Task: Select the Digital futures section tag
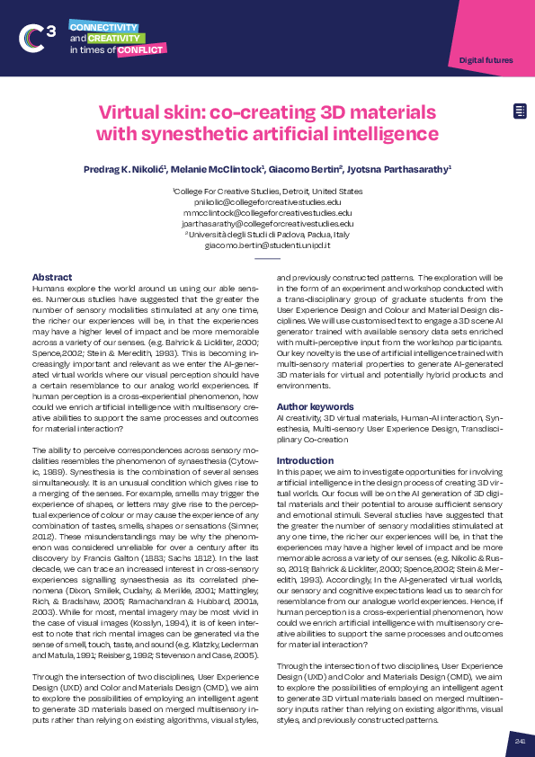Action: coord(486,60)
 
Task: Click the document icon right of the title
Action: coord(519,111)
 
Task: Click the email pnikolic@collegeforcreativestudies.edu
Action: coord(267,202)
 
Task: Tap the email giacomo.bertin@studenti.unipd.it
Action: coord(267,245)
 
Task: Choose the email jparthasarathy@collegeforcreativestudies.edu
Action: coord(267,223)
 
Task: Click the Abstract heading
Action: coord(52,276)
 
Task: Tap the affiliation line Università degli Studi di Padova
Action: coord(267,234)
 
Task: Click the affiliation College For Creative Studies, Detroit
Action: coord(267,191)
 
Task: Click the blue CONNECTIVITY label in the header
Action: coord(103,28)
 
